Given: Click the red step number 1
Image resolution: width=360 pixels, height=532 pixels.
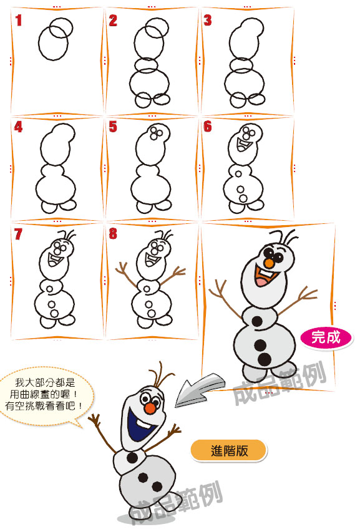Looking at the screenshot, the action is pyautogui.click(x=18, y=21).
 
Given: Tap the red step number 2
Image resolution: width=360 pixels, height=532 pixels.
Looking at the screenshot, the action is pyautogui.click(x=113, y=21).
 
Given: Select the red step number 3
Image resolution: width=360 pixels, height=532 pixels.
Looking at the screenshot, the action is pyautogui.click(x=208, y=21).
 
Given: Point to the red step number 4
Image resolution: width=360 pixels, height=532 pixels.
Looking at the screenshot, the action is pyautogui.click(x=18, y=127).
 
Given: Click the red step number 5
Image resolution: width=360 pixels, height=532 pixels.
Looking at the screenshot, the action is pyautogui.click(x=113, y=127).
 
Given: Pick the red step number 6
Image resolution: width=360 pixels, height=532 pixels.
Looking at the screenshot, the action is pyautogui.click(x=208, y=127).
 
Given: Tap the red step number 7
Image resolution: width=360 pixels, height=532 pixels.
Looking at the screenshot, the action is pyautogui.click(x=18, y=234).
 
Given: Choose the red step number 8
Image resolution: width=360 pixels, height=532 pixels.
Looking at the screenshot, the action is pyautogui.click(x=113, y=234).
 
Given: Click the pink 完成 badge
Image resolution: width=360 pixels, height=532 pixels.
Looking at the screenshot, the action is pyautogui.click(x=326, y=337).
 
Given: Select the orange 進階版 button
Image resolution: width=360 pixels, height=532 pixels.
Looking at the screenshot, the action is pyautogui.click(x=229, y=451).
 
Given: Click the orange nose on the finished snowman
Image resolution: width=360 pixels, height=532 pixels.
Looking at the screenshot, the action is pyautogui.click(x=269, y=263).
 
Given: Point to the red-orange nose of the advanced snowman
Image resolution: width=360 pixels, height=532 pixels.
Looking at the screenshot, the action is pyautogui.click(x=149, y=408).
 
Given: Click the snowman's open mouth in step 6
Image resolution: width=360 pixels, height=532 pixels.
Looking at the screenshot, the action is pyautogui.click(x=243, y=145).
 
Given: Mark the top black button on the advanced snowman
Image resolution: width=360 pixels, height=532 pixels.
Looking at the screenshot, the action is pyautogui.click(x=132, y=458).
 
